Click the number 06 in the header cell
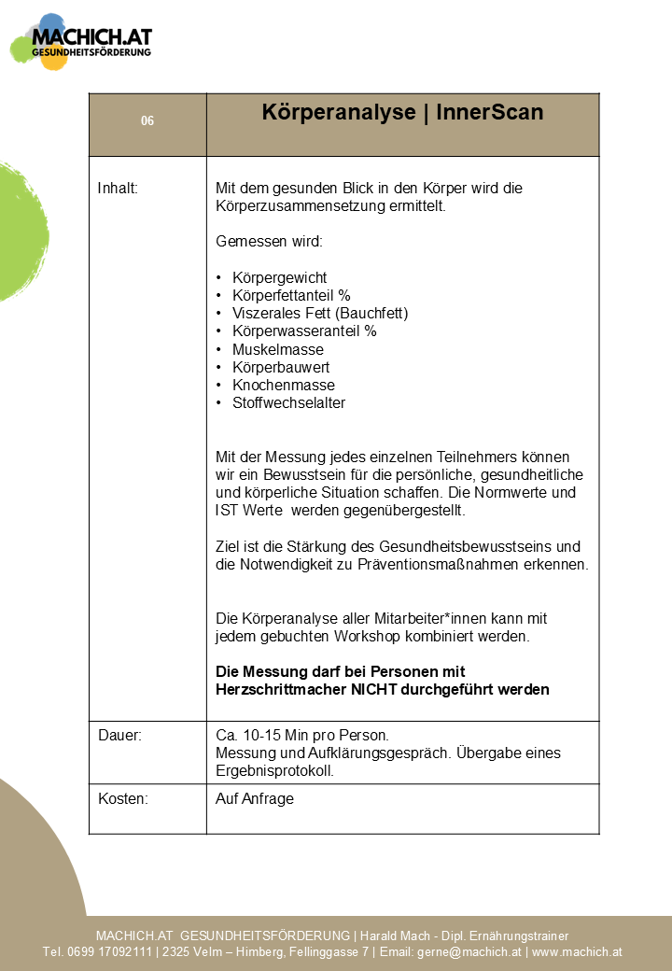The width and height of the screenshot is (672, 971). click(x=147, y=121)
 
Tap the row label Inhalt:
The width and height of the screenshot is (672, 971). click(x=118, y=189)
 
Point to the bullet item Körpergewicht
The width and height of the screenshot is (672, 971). click(x=279, y=278)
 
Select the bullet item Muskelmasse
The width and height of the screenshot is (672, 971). click(x=278, y=349)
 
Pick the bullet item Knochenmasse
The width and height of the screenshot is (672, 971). click(x=283, y=385)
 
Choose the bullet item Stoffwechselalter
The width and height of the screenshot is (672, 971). click(x=288, y=403)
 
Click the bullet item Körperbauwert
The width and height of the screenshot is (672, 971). click(x=281, y=367)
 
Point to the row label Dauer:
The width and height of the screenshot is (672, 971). click(x=119, y=736)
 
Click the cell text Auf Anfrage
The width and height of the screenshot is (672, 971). click(x=255, y=798)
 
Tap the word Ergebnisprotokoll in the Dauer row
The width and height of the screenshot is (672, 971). click(x=274, y=771)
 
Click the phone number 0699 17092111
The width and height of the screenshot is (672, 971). click(x=106, y=952)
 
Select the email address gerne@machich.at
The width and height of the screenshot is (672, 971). click(x=469, y=952)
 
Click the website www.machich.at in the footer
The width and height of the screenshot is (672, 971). click(x=577, y=952)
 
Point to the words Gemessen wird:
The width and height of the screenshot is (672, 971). click(x=269, y=242)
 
